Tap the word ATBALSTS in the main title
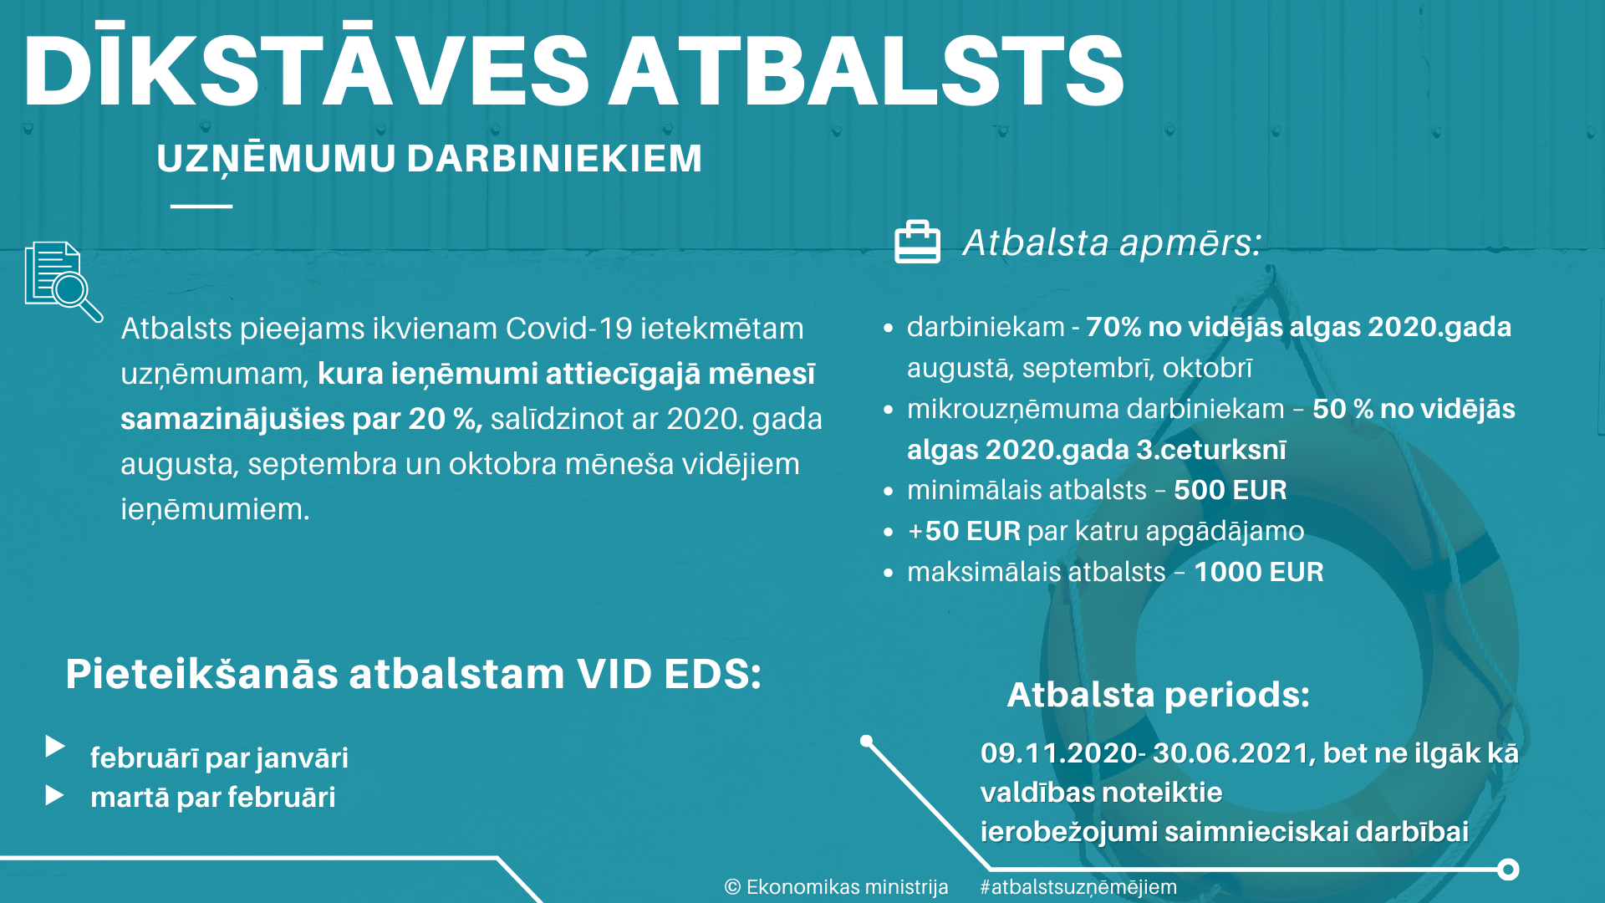866,72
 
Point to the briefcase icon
917,242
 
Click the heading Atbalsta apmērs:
1112,242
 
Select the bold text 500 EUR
1230,490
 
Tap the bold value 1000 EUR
1258,572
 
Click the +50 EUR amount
964,531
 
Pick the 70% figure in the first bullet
1113,327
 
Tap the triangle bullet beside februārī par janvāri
55,746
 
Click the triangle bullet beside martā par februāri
55,795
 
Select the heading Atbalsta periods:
1158,695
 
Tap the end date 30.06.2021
1230,753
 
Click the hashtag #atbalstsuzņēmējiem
1078,887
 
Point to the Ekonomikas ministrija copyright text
836,887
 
